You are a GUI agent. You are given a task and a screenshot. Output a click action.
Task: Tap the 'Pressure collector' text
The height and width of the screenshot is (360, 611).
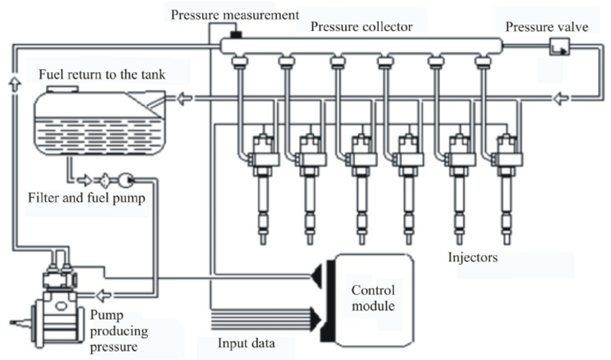point(362,27)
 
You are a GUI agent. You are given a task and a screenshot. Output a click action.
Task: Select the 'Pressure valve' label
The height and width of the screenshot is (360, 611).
point(546,27)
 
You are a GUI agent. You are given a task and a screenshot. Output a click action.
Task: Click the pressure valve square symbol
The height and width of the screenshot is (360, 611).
point(559,47)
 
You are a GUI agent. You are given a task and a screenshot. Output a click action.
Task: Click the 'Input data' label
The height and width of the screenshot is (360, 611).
point(246,343)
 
